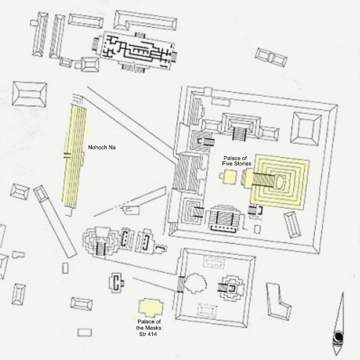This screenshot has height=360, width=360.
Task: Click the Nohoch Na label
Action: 102,148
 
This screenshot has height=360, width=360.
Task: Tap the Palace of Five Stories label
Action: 236,161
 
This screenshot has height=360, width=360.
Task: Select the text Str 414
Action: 148,334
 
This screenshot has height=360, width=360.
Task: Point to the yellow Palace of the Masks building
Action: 151,307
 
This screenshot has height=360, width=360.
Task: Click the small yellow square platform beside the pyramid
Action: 230,176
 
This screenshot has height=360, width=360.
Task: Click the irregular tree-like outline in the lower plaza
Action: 196,283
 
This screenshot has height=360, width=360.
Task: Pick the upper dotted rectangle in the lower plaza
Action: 214,263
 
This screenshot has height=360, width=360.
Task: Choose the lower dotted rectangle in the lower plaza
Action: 208,311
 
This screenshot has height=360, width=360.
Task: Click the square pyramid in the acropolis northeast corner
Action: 306,129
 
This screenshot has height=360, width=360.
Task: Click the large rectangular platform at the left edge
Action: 29,94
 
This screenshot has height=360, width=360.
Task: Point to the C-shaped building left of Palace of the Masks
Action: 116,283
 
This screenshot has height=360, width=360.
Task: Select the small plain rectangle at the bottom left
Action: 85,332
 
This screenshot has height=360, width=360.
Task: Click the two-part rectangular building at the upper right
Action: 271,58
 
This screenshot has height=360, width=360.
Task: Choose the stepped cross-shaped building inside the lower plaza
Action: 232,288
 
